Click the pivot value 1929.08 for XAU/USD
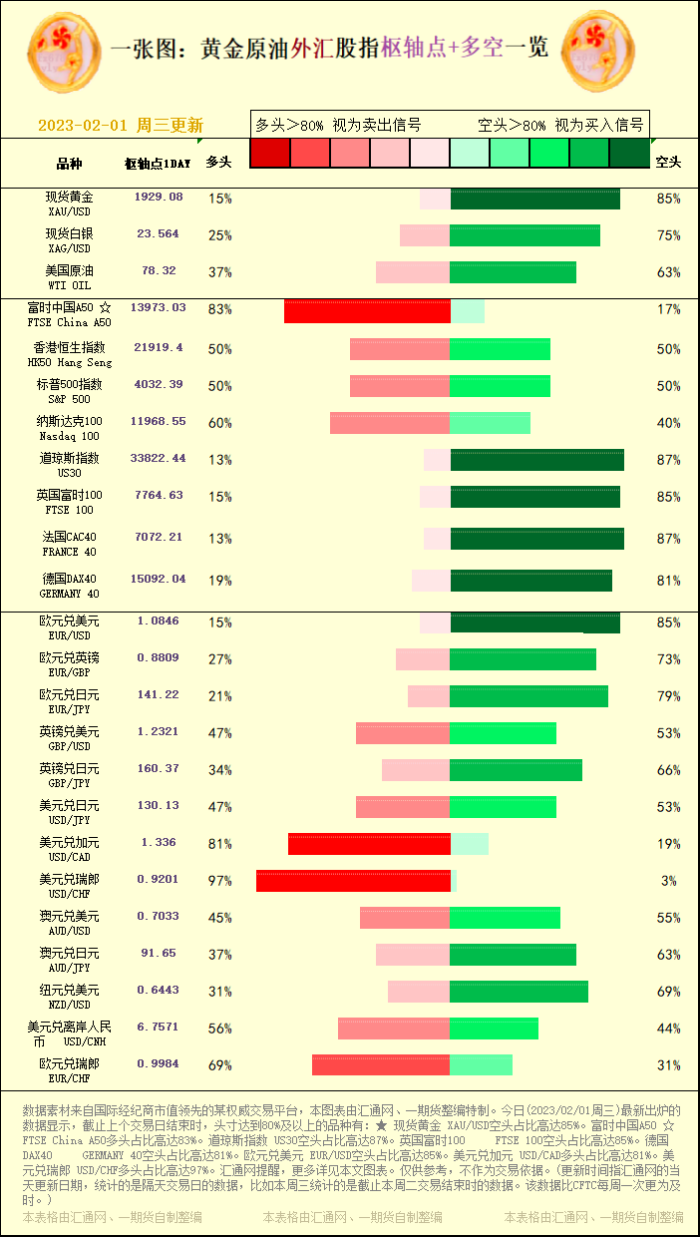pos(159,198)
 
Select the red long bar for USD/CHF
pos(353,881)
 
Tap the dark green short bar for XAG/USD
pos(525,235)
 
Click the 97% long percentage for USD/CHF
pos(219,881)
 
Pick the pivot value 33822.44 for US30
pos(159,459)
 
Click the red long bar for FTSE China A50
pos(367,309)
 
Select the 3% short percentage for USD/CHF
pos(669,881)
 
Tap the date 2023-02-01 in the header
pos(83,126)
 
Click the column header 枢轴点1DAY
pos(158,163)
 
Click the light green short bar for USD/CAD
pos(469,844)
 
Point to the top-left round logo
pos(64,50)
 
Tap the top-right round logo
pos(597,50)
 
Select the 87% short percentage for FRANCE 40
pos(668,539)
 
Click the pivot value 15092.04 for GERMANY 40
pos(159,579)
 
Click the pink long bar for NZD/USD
pos(419,992)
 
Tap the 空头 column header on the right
pos(668,162)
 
